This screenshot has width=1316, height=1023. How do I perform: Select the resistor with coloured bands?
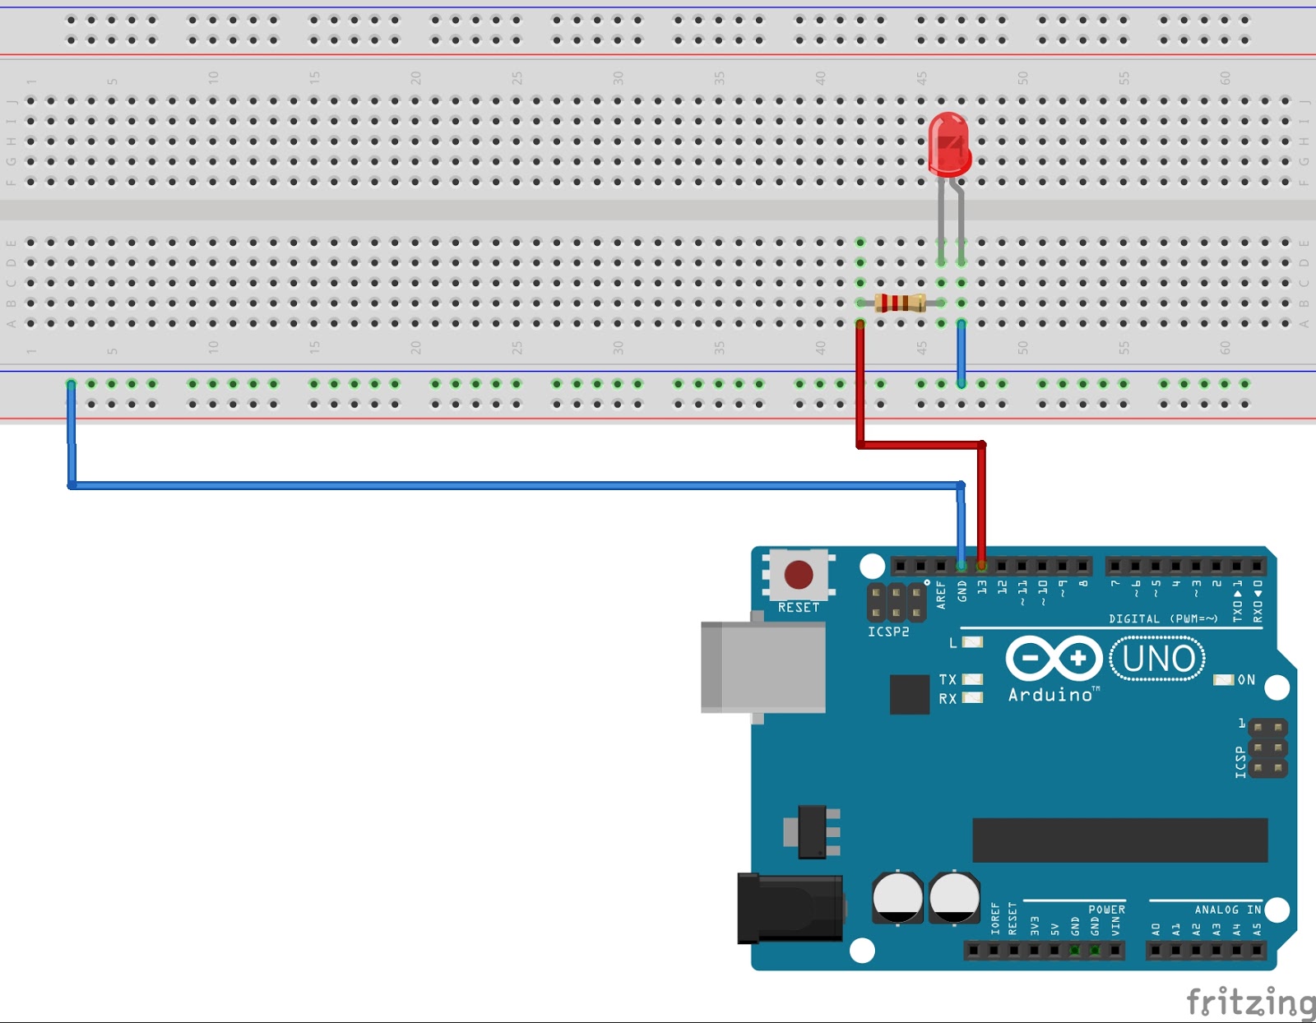coord(901,303)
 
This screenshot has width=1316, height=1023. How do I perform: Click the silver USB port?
coord(763,667)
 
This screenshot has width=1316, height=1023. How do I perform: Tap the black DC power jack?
coord(790,908)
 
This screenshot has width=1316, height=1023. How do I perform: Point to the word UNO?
coord(1158,659)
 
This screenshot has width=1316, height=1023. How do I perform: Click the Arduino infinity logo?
coord(1054,659)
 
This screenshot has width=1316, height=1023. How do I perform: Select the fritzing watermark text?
coord(1250,1002)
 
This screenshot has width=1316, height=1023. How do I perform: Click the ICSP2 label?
coord(888,632)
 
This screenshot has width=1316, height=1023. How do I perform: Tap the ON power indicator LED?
coord(1224,680)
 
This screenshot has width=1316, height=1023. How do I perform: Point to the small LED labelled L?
coord(972,642)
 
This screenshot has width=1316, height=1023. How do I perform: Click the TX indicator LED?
coord(972,679)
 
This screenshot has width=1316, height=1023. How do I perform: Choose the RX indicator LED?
coord(972,698)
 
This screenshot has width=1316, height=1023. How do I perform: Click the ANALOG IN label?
coord(1227,910)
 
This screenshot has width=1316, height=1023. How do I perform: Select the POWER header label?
coord(1106,910)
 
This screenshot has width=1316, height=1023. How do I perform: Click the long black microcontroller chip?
coord(1119,840)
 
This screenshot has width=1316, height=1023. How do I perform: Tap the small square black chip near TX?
coord(909,694)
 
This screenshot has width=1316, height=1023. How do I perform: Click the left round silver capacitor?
coord(897,897)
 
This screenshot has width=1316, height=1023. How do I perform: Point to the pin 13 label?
coord(982,587)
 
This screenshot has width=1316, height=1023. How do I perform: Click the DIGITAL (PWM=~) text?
coord(1162,618)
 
